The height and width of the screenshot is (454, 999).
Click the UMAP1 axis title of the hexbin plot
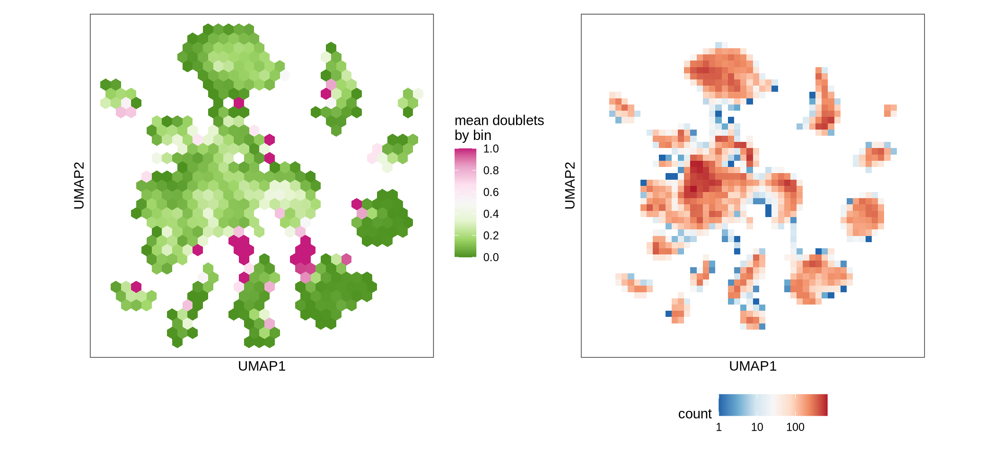262,367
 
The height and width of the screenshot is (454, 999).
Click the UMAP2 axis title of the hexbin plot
79,185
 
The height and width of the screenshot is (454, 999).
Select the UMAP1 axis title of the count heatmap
753,367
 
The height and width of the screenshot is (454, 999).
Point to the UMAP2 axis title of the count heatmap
570,185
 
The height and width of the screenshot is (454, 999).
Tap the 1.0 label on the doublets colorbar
491,149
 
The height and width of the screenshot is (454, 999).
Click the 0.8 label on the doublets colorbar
491,171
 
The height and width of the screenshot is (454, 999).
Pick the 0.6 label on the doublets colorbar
491,192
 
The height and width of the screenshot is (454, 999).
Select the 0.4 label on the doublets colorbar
491,214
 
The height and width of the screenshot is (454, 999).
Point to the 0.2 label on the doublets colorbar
491,236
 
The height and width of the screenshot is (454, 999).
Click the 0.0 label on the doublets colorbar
491,257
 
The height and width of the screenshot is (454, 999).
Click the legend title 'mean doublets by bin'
499,128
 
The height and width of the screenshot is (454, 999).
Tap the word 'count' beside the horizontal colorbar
694,414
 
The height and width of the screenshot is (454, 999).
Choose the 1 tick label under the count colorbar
719,428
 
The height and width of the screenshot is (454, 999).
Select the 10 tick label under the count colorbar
757,428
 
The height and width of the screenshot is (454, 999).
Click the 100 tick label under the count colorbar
795,428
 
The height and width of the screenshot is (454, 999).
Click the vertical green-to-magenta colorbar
465,203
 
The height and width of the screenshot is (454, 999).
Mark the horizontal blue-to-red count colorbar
773,405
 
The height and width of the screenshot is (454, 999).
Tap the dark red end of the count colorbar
825,405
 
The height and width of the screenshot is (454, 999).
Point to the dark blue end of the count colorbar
721,405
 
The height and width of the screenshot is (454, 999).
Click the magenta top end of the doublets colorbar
465,151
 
